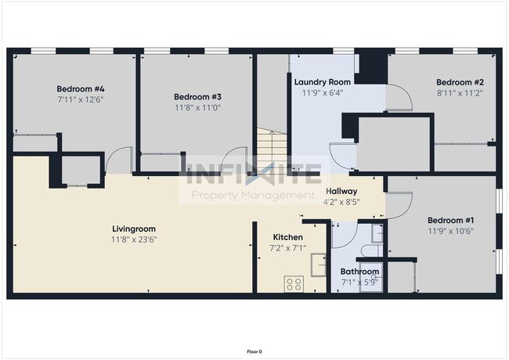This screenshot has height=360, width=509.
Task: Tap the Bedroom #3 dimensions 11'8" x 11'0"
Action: (x=197, y=108)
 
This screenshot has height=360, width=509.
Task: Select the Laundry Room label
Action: (x=323, y=81)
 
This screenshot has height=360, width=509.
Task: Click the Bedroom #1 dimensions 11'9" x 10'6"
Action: (x=450, y=231)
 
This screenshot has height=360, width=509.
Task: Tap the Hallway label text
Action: (x=341, y=191)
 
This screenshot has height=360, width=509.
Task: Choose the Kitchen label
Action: (x=287, y=237)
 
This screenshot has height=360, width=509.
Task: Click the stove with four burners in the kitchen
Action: (x=294, y=284)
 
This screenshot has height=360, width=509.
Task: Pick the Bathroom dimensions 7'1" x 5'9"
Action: (x=359, y=282)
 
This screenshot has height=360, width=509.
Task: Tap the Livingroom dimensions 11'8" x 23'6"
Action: (x=134, y=240)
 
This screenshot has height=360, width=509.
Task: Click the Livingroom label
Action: (x=134, y=229)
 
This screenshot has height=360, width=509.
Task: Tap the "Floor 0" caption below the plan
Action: (x=254, y=351)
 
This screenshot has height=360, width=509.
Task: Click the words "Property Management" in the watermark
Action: (x=253, y=195)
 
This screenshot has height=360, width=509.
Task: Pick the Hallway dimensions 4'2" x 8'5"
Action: (x=341, y=201)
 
